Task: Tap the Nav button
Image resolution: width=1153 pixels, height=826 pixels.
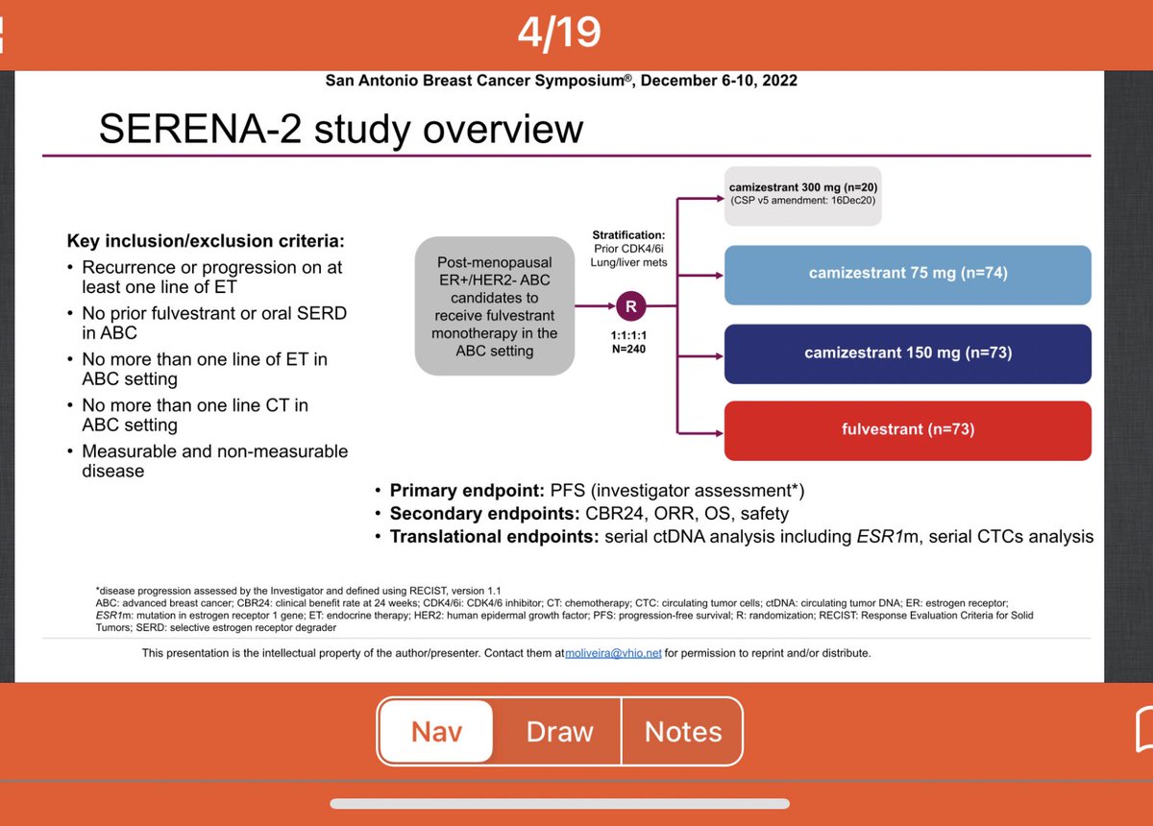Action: point(436,732)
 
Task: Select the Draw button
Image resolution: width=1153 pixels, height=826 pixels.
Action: point(559,732)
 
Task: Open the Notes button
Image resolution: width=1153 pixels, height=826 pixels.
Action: point(683,732)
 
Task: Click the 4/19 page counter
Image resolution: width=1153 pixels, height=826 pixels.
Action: point(558,33)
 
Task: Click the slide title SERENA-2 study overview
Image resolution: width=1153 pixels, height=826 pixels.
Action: point(341,128)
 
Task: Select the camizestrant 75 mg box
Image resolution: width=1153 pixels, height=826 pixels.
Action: point(907,274)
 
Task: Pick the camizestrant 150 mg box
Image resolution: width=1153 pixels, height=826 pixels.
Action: point(907,352)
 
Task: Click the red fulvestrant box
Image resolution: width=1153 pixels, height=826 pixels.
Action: point(907,429)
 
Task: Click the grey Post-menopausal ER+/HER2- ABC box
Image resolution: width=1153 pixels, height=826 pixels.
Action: point(494,305)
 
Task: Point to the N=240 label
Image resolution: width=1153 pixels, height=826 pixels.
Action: point(630,349)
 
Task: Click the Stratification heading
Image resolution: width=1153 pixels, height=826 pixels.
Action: point(630,234)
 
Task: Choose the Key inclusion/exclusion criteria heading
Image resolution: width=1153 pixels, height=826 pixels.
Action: point(205,240)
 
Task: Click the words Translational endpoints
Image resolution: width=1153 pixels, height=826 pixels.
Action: point(493,537)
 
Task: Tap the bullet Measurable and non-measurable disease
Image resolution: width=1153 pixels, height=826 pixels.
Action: point(214,461)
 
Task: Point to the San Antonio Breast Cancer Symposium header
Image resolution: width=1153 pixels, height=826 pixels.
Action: point(561,80)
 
